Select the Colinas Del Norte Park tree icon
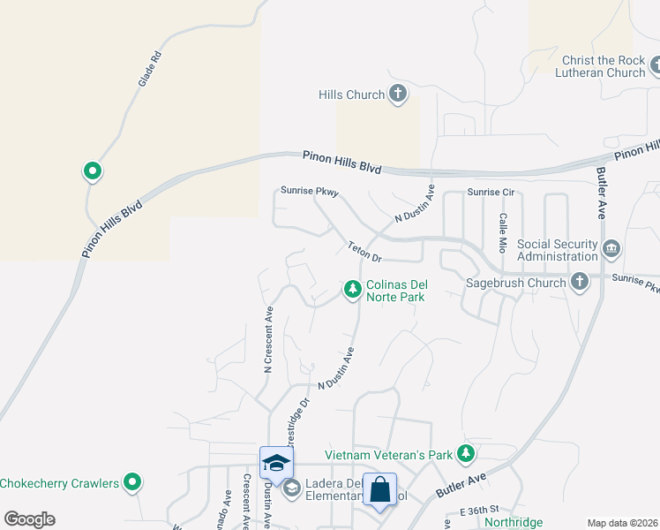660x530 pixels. click(352, 289)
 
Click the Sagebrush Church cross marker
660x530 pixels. click(579, 283)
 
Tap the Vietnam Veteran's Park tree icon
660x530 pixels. click(466, 454)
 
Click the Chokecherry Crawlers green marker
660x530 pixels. click(132, 482)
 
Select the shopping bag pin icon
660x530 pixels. click(379, 489)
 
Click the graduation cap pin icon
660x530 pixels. click(276, 463)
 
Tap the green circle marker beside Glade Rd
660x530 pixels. click(91, 171)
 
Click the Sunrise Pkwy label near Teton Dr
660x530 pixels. click(310, 191)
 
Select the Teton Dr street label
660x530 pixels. click(364, 253)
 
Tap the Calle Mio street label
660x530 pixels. click(502, 230)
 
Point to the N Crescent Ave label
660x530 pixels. click(267, 339)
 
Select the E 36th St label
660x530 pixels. click(480, 511)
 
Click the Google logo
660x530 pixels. click(29, 519)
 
